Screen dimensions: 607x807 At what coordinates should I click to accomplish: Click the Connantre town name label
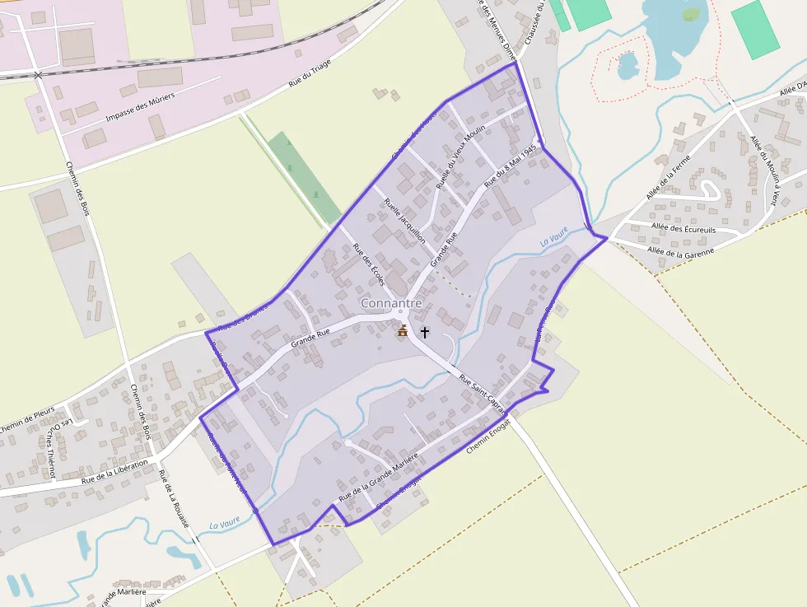click(x=391, y=303)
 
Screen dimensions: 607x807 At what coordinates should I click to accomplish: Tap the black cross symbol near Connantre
click(x=425, y=332)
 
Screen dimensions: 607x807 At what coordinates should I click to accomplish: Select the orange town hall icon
click(x=403, y=330)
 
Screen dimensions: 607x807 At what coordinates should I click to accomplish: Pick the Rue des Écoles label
click(x=369, y=264)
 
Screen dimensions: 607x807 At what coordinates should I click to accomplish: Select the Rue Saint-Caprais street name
click(x=483, y=391)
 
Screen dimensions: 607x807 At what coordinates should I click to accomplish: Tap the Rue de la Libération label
click(x=114, y=470)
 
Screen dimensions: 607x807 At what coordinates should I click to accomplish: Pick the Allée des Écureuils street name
click(x=683, y=226)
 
